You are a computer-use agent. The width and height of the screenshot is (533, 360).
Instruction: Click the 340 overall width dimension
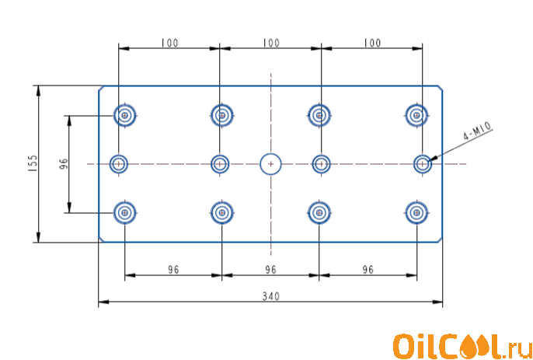click(x=270, y=296)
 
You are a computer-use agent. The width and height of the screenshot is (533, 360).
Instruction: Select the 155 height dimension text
click(x=33, y=163)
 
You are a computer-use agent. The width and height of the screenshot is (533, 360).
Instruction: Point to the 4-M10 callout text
click(x=477, y=131)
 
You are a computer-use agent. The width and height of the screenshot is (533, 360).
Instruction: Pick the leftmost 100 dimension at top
click(x=169, y=44)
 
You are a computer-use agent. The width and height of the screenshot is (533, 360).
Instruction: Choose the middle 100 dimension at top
click(x=270, y=44)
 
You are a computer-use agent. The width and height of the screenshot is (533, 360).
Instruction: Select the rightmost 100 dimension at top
click(x=372, y=44)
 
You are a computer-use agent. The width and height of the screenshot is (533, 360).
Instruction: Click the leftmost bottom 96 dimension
click(x=173, y=270)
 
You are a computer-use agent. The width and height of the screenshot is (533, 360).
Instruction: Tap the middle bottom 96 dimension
click(x=270, y=270)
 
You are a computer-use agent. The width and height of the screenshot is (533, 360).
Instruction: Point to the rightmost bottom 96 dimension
click(x=368, y=270)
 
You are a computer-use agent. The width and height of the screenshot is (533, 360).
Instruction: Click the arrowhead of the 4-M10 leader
click(x=430, y=160)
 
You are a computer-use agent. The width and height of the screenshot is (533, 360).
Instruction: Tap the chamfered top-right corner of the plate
click(x=440, y=88)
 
